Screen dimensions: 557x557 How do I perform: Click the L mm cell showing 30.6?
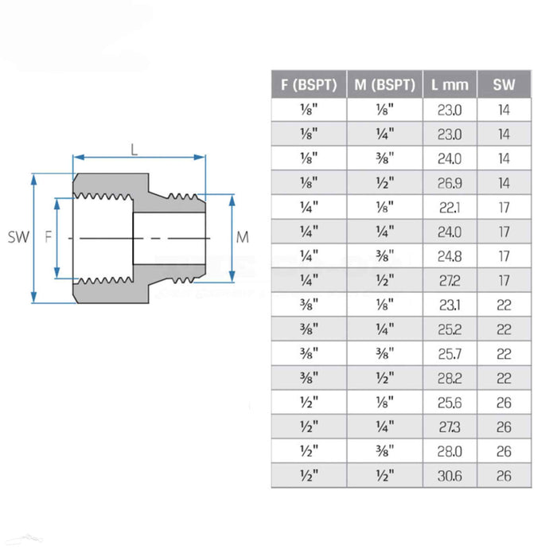click(450, 477)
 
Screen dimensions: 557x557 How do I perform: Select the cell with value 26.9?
click(450, 183)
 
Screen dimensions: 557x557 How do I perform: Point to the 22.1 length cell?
click(450, 208)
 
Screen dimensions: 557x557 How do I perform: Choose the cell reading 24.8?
click(450, 257)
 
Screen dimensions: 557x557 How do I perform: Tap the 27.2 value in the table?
click(450, 281)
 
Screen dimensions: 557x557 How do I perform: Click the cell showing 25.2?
click(450, 330)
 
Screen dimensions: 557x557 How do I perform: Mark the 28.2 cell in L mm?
click(450, 379)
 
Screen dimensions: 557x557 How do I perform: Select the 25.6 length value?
click(450, 403)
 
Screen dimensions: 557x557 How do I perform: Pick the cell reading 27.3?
click(450, 428)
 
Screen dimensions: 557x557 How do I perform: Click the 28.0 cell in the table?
click(450, 452)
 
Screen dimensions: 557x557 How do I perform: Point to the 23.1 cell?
click(450, 306)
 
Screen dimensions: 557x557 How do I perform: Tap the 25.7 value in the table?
click(450, 355)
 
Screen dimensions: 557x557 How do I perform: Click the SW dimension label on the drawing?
click(17, 237)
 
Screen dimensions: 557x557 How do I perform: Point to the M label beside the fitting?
click(243, 237)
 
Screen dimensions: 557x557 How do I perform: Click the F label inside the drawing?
click(49, 237)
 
